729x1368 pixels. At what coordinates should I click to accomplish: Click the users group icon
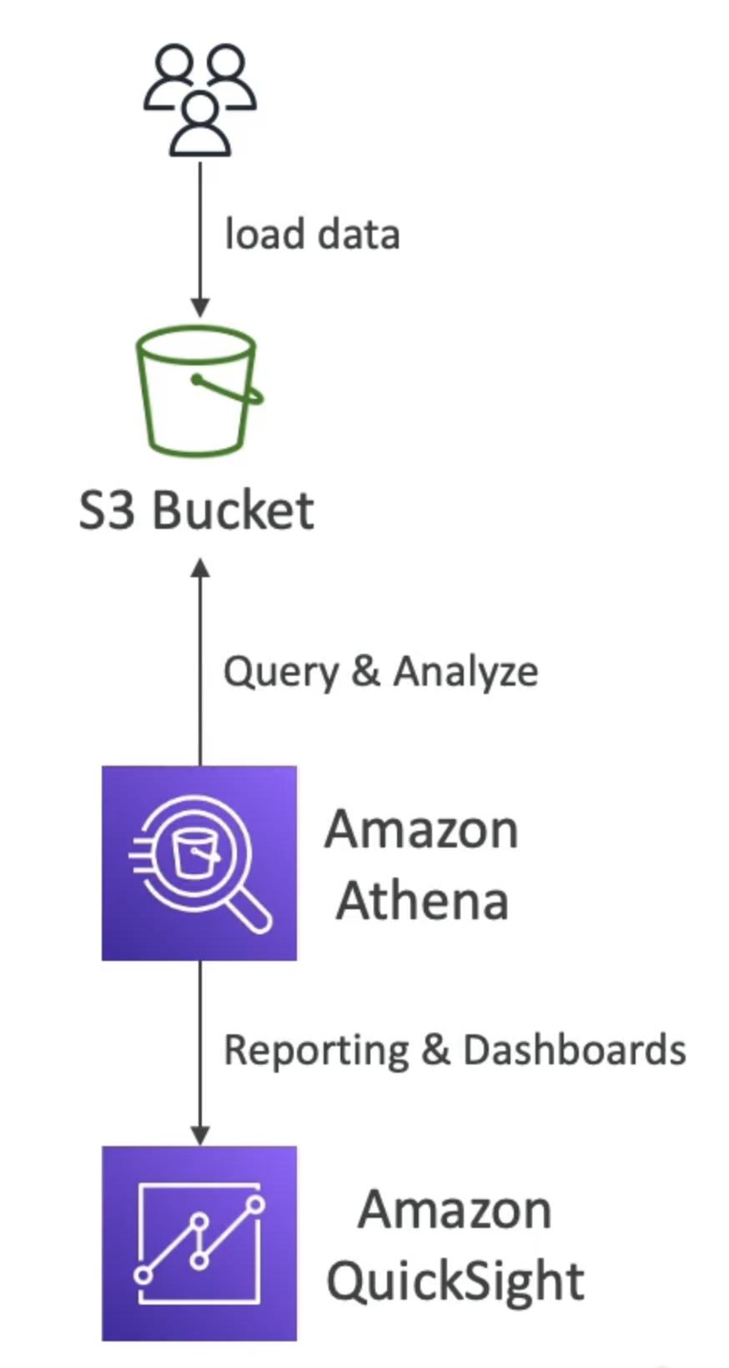tap(200, 100)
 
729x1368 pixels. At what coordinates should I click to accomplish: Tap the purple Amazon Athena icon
tap(199, 863)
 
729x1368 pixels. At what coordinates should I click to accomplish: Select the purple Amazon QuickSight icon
tap(199, 1243)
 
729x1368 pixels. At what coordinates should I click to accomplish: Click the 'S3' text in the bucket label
tap(107, 510)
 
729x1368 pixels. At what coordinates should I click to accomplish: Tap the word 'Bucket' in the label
tap(234, 510)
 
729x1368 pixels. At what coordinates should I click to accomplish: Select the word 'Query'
tap(280, 672)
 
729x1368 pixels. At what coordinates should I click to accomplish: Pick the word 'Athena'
tap(422, 901)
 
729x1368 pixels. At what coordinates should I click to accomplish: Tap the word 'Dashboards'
tap(575, 1049)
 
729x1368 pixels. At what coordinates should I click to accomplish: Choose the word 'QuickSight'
tap(455, 1281)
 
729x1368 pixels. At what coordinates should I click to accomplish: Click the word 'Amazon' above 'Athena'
tap(422, 830)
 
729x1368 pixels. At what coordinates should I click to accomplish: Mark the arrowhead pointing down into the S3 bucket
tap(200, 307)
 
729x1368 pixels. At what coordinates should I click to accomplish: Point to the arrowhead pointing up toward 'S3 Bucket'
tap(200, 569)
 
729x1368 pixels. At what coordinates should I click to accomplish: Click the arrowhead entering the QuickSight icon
tap(200, 1135)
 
